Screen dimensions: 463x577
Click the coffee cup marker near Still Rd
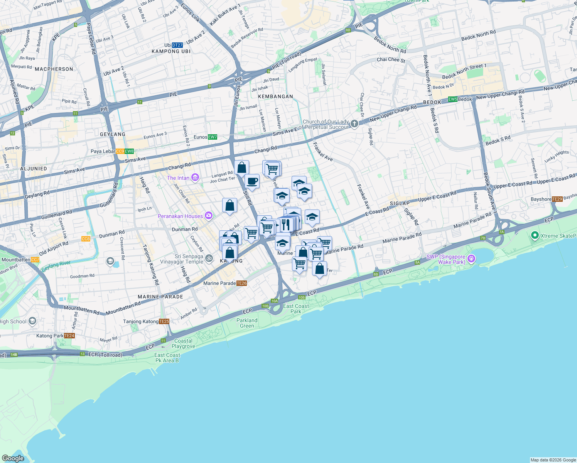tap(252, 181)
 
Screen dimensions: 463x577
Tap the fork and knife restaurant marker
tap(285, 224)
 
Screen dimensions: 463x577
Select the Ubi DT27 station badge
tap(177, 45)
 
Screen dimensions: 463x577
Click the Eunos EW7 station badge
tap(213, 137)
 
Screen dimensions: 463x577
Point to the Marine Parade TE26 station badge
tap(241, 283)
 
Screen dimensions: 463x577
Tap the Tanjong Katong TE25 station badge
tap(164, 321)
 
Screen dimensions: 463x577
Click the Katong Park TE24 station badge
tap(69, 336)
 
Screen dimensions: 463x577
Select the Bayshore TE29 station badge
tap(557, 199)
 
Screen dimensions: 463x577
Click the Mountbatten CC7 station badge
tap(35, 260)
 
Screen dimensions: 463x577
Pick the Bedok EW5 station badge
tap(452, 99)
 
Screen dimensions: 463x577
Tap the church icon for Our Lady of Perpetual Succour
tap(354, 124)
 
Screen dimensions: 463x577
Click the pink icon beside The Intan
tap(195, 178)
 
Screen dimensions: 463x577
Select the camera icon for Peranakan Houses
tap(209, 216)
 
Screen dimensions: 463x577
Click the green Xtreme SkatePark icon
tap(535, 235)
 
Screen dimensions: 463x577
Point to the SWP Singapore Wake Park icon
tap(471, 259)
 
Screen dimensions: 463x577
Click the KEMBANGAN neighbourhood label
tap(275, 96)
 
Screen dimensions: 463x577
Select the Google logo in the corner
tap(13, 458)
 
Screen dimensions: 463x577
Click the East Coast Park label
tap(296, 309)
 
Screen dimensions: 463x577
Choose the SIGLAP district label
tap(400, 203)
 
